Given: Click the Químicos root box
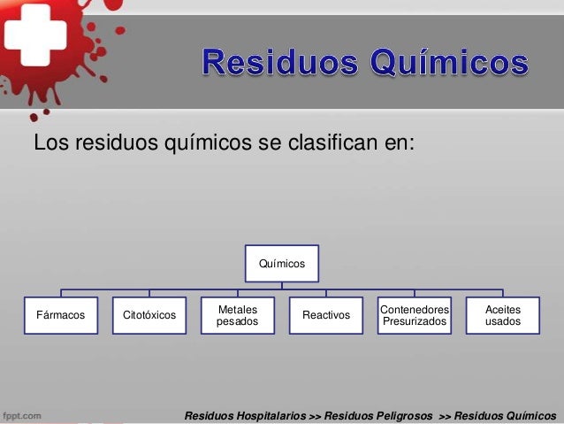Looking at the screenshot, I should coord(281,263).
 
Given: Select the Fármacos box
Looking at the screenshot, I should coord(60,315).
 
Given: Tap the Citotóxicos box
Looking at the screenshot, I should coord(149,315).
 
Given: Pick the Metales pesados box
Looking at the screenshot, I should coord(237,315).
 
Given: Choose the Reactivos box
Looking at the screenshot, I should coord(325,315).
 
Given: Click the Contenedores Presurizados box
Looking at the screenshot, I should coord(414,315).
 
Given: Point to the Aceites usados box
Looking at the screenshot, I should coord(502,315).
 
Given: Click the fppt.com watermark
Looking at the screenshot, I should coord(25,414).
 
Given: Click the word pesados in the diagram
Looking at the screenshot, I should coord(237,322).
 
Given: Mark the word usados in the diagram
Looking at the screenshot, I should coord(502,322).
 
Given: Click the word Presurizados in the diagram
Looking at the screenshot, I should coord(414,322).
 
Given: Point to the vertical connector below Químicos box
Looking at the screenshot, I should coord(281,283).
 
